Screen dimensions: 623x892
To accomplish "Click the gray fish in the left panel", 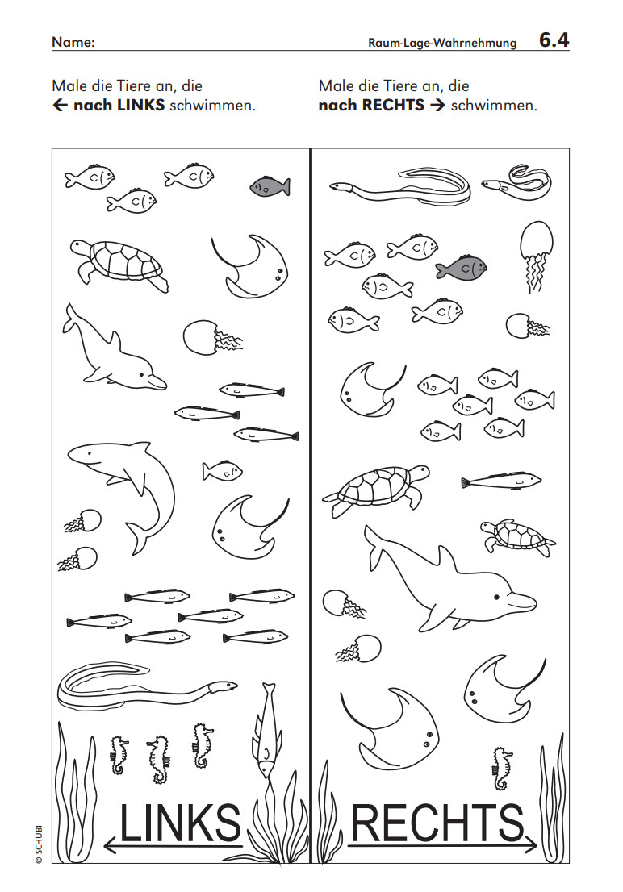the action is (x=270, y=186).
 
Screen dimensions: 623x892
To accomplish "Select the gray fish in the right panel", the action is (x=462, y=267).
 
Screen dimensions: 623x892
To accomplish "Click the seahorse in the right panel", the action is (x=501, y=768).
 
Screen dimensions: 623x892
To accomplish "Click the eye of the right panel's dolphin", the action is (x=497, y=597).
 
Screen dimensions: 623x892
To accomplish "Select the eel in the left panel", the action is (x=142, y=686).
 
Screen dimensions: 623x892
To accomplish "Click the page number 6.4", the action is (x=554, y=40).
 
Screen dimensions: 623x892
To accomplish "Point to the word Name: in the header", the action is (x=73, y=42).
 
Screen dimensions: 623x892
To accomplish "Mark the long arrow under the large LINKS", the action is (x=174, y=847).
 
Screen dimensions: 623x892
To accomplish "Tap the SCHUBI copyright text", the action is (x=39, y=844).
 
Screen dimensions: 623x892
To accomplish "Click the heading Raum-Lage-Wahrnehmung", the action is (x=442, y=43).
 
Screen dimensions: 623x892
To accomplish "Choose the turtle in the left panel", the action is (x=119, y=264).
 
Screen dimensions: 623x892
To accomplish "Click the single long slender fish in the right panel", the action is (x=501, y=481).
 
